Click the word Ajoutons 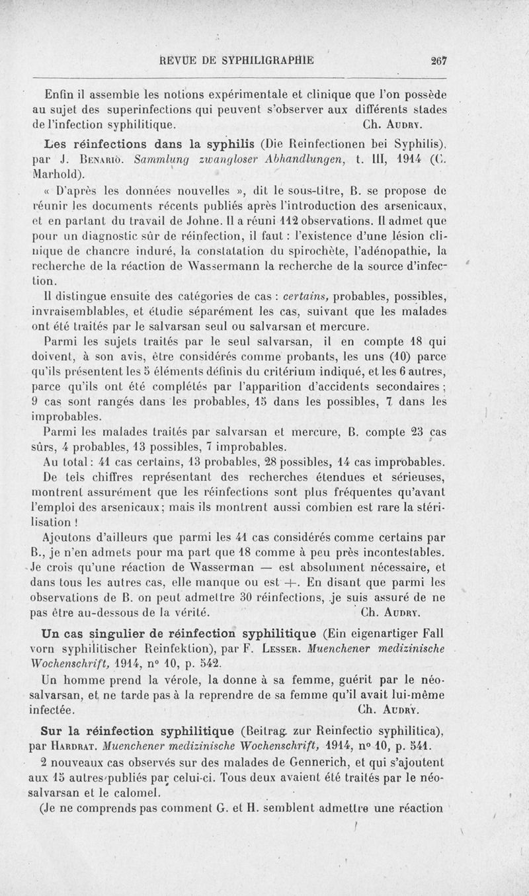65,536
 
